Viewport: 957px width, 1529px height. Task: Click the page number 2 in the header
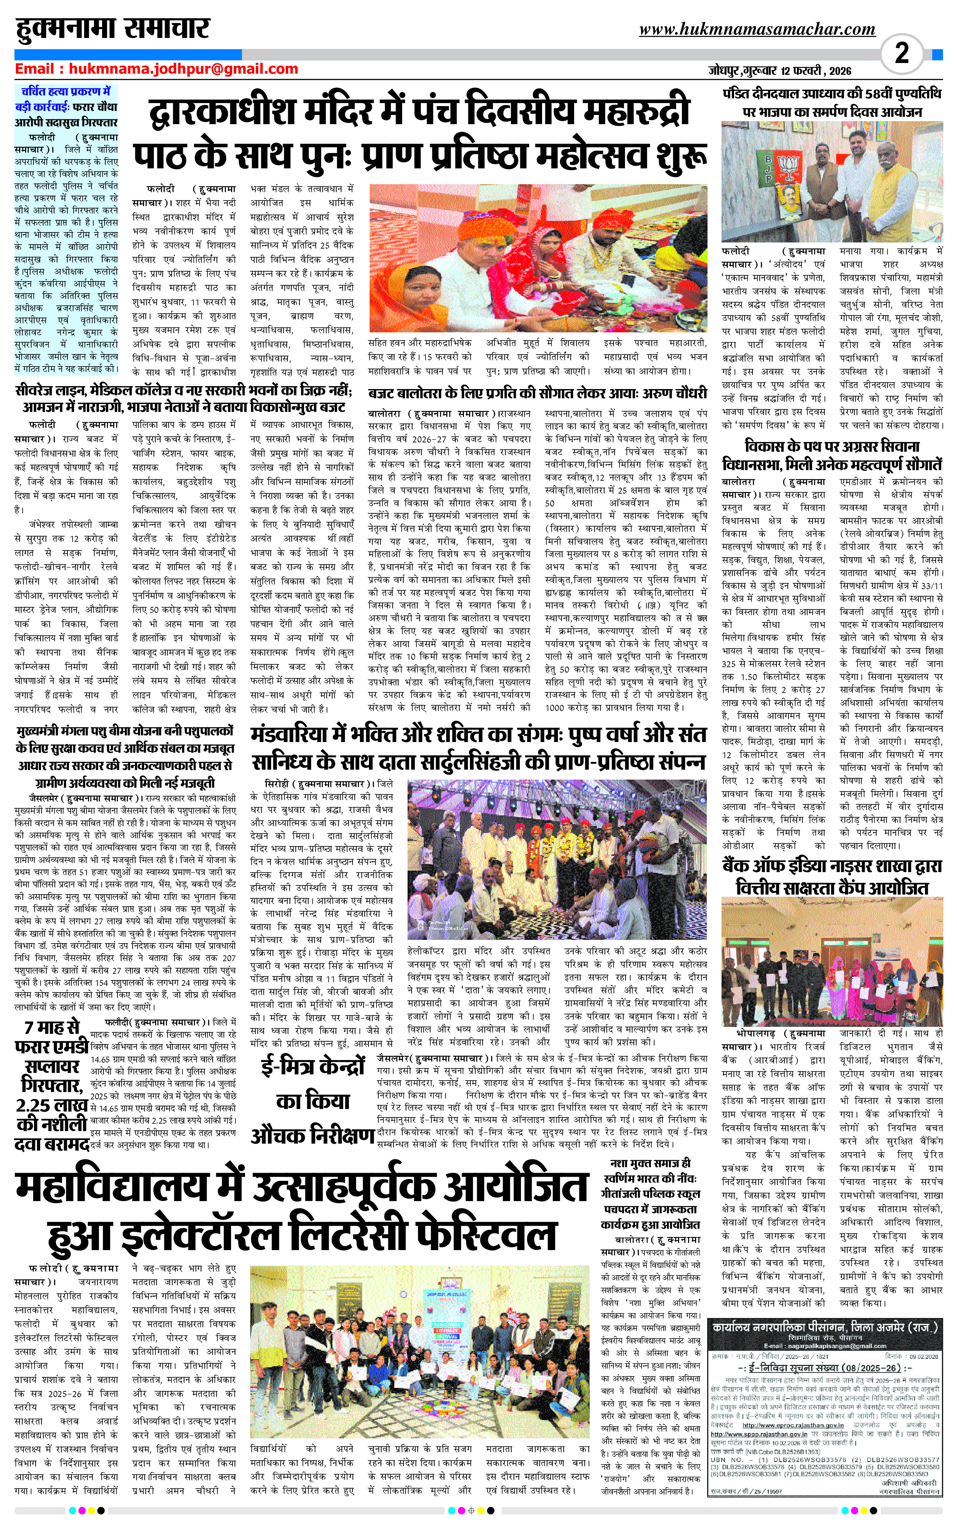901,53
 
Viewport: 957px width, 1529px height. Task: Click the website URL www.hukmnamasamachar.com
757,29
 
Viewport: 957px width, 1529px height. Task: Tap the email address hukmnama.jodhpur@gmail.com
184,69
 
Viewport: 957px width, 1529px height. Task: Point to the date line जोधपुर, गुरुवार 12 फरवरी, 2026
780,71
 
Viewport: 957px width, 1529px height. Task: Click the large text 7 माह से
52,1026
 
